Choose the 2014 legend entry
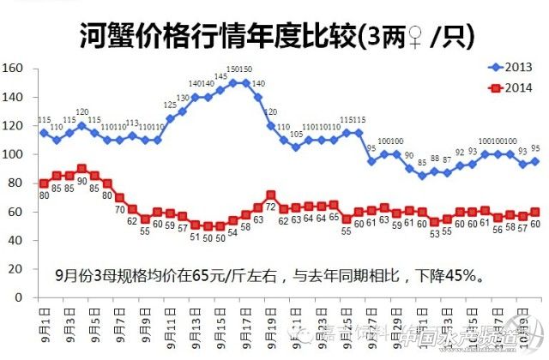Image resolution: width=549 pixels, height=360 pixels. pos(510,87)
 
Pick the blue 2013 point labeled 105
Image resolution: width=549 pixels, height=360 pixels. pos(295,147)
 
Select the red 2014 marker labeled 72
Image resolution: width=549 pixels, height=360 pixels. pos(270,195)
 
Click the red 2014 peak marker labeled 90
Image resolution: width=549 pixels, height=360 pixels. pos(81,169)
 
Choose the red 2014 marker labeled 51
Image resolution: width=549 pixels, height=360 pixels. pos(195,225)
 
